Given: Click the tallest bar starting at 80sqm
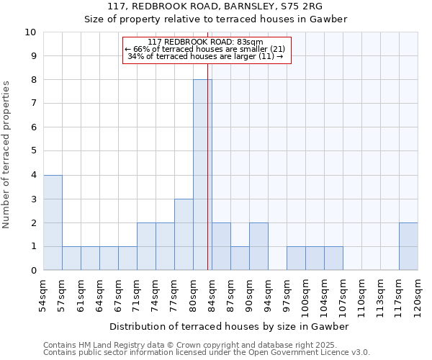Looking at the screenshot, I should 202,175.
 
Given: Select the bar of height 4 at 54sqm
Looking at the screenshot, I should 53,222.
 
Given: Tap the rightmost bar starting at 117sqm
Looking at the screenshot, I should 408,246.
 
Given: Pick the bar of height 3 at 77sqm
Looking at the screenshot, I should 184,235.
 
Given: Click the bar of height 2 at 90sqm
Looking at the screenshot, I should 258,246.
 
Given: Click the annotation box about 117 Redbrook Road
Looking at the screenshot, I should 207,50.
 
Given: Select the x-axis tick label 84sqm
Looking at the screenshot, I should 212,294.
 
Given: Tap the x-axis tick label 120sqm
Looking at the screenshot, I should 418,297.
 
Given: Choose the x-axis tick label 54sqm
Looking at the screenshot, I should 43,294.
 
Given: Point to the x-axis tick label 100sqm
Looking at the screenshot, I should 305,297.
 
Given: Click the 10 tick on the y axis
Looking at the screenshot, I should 30,32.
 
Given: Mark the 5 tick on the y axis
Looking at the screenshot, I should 33,151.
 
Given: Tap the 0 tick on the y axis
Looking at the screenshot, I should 33,270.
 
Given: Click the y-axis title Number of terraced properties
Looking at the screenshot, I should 7,154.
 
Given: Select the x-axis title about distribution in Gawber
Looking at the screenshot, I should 230,326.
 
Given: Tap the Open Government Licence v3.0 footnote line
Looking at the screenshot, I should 207,353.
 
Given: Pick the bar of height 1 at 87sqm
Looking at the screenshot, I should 240,258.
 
